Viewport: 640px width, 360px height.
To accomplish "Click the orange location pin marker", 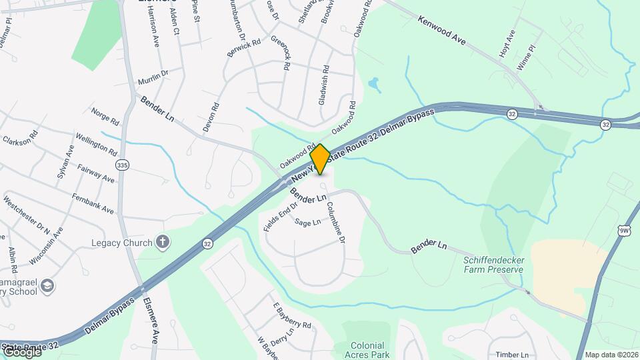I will (320, 159).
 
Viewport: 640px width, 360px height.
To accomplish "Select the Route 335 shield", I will (121, 164).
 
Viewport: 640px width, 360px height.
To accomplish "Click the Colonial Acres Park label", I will (367, 350).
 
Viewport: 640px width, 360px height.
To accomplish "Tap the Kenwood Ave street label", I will (441, 31).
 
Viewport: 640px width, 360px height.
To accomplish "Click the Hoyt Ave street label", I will (508, 43).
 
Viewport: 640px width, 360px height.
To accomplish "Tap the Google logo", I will (21, 351).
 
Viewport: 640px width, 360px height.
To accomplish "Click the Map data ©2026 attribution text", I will (611, 355).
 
